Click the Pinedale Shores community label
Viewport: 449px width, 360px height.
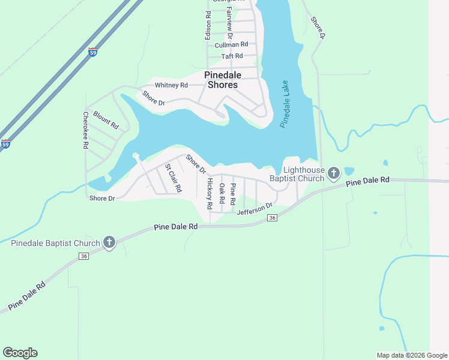pos(223,80)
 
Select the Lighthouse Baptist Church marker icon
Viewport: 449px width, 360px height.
pos(334,174)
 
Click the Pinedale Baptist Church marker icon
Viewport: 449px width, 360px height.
pos(109,242)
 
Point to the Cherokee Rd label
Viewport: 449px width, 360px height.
pos(86,130)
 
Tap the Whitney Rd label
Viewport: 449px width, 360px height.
pos(171,85)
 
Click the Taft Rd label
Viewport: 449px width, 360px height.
pos(232,56)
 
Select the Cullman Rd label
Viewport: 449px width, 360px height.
pos(231,44)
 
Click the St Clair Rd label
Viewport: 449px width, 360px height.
pos(173,178)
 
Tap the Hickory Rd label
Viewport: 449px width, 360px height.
pos(209,193)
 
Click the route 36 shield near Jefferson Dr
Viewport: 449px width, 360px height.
pos(273,217)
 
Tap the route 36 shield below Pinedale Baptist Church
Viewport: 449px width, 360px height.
pos(84,256)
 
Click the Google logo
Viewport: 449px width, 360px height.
pos(20,353)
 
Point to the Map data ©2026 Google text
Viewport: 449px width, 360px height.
pos(411,355)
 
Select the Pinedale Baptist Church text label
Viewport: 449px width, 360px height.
pos(55,243)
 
